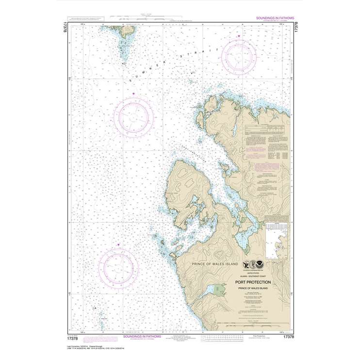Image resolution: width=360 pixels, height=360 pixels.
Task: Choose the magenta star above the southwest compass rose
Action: [118, 245]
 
